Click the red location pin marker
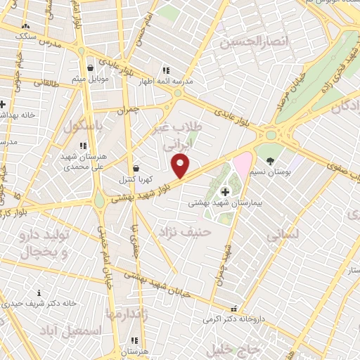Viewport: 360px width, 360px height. pyautogui.click(x=181, y=166)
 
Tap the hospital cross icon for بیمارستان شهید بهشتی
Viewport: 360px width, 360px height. pyautogui.click(x=225, y=192)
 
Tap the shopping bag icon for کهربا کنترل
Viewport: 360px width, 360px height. pyautogui.click(x=135, y=168)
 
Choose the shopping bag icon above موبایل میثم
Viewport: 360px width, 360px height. pyautogui.click(x=92, y=67)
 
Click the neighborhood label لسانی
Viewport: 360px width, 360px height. pyautogui.click(x=283, y=235)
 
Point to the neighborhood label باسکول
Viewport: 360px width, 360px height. pyautogui.click(x=84, y=128)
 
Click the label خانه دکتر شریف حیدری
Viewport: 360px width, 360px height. pyautogui.click(x=39, y=304)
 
